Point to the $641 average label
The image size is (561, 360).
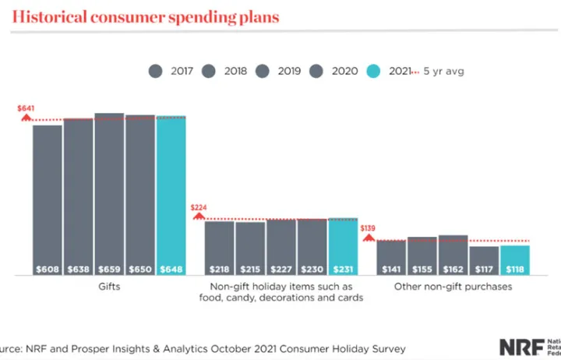pyautogui.click(x=26, y=108)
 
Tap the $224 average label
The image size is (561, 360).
pyautogui.click(x=199, y=208)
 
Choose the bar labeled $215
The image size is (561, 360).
pyautogui.click(x=250, y=248)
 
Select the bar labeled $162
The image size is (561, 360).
pyautogui.click(x=453, y=255)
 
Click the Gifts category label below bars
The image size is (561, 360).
pyautogui.click(x=109, y=287)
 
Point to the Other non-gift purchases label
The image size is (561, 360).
pyautogui.click(x=453, y=287)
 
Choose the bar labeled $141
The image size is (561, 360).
pyautogui.click(x=391, y=257)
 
